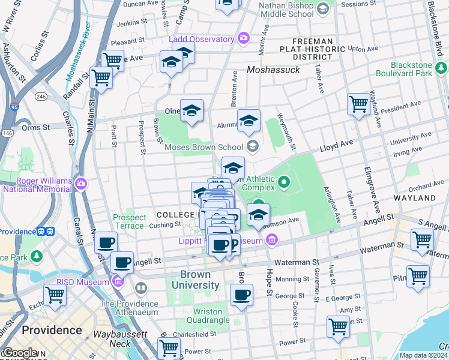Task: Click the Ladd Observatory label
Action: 201,40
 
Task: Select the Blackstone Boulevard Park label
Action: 411,69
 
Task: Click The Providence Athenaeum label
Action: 129,307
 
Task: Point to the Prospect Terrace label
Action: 129,221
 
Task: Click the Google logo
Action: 20,353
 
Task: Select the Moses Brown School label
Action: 204,147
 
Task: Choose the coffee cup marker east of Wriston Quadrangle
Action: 241,295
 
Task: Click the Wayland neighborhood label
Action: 414,197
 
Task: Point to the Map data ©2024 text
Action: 423,355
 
